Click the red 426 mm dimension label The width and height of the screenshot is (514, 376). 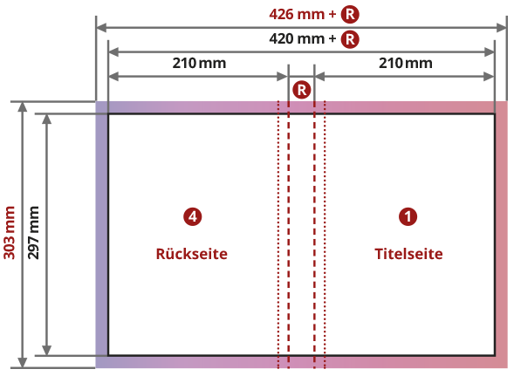click(303, 15)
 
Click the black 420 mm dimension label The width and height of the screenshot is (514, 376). click(303, 38)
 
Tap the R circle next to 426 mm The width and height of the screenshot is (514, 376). click(350, 15)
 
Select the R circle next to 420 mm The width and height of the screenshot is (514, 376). click(350, 39)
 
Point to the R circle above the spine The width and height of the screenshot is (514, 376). click(302, 90)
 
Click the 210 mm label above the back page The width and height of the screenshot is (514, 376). click(199, 63)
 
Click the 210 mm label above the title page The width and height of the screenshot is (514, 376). click(406, 63)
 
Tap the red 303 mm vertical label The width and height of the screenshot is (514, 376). click(10, 233)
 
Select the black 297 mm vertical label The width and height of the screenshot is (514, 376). click(33, 233)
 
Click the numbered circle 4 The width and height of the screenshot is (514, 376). click(192, 216)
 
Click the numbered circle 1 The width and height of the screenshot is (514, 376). click(408, 216)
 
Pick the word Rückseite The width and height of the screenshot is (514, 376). click(192, 254)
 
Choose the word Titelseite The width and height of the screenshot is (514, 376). click(408, 254)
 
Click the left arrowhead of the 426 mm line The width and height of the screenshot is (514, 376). click(101, 28)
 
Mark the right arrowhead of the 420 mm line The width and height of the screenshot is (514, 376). click(489, 51)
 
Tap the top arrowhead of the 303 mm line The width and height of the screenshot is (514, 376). click(23, 106)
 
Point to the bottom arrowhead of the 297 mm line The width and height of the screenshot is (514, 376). click(47, 350)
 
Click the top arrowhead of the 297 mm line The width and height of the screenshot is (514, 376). click(47, 120)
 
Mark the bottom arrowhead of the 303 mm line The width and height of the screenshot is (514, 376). click(23, 363)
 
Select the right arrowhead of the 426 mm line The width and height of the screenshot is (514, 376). click(502, 28)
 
